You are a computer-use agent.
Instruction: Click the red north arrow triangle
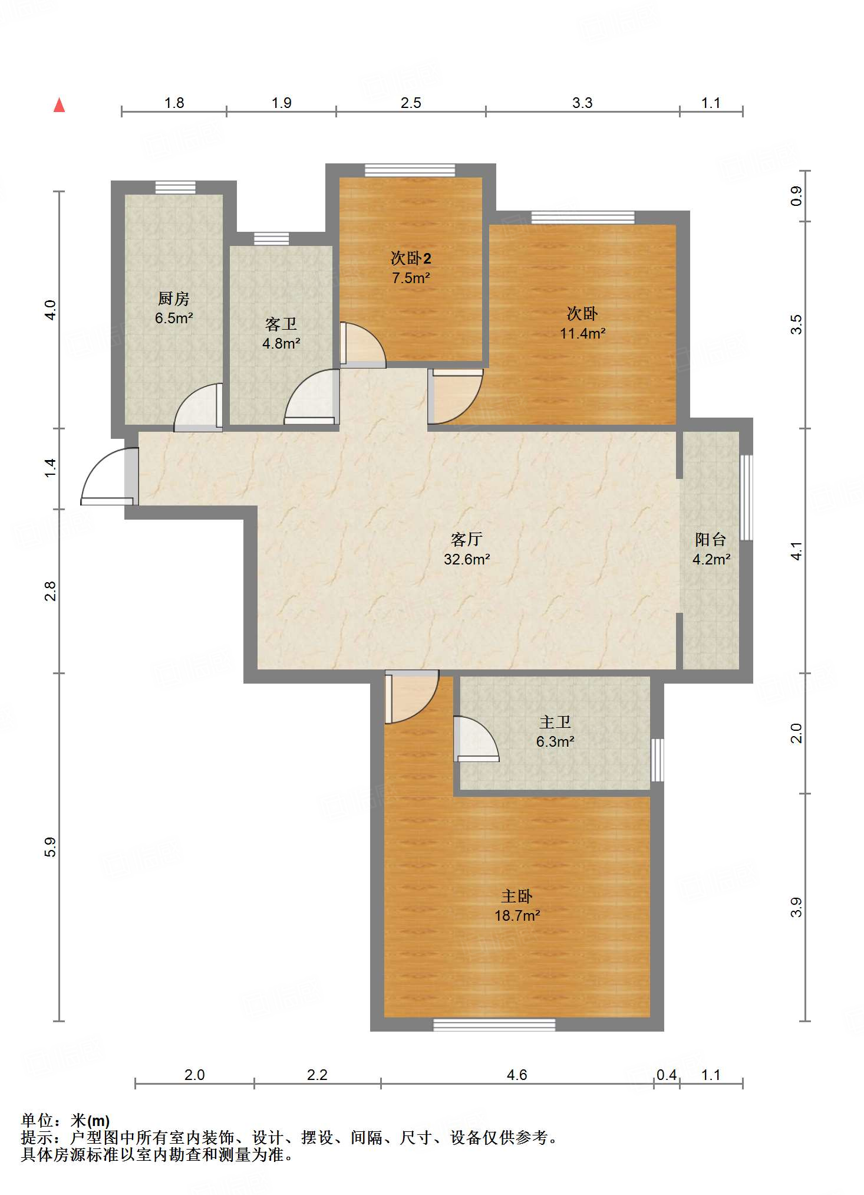click(59, 105)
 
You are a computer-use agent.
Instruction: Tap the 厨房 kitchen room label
click(174, 298)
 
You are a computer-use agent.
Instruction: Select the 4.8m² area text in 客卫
click(281, 343)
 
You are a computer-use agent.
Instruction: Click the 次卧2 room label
click(411, 258)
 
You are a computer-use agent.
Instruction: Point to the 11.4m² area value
click(582, 333)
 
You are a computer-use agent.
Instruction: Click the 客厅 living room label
click(467, 539)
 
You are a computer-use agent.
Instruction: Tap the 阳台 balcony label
click(710, 539)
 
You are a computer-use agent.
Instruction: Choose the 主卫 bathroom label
click(555, 722)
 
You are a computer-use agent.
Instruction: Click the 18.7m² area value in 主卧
click(517, 915)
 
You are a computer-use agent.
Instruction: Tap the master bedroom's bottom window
click(494, 1025)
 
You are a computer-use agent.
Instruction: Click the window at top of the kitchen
click(175, 188)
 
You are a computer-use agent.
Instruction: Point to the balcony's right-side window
click(746, 497)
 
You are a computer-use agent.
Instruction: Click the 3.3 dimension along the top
click(582, 103)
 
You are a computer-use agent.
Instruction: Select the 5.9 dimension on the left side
click(51, 847)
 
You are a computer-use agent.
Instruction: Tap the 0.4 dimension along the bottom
click(667, 1075)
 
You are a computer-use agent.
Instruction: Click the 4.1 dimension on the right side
click(796, 551)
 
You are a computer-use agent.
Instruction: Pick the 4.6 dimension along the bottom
click(517, 1075)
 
